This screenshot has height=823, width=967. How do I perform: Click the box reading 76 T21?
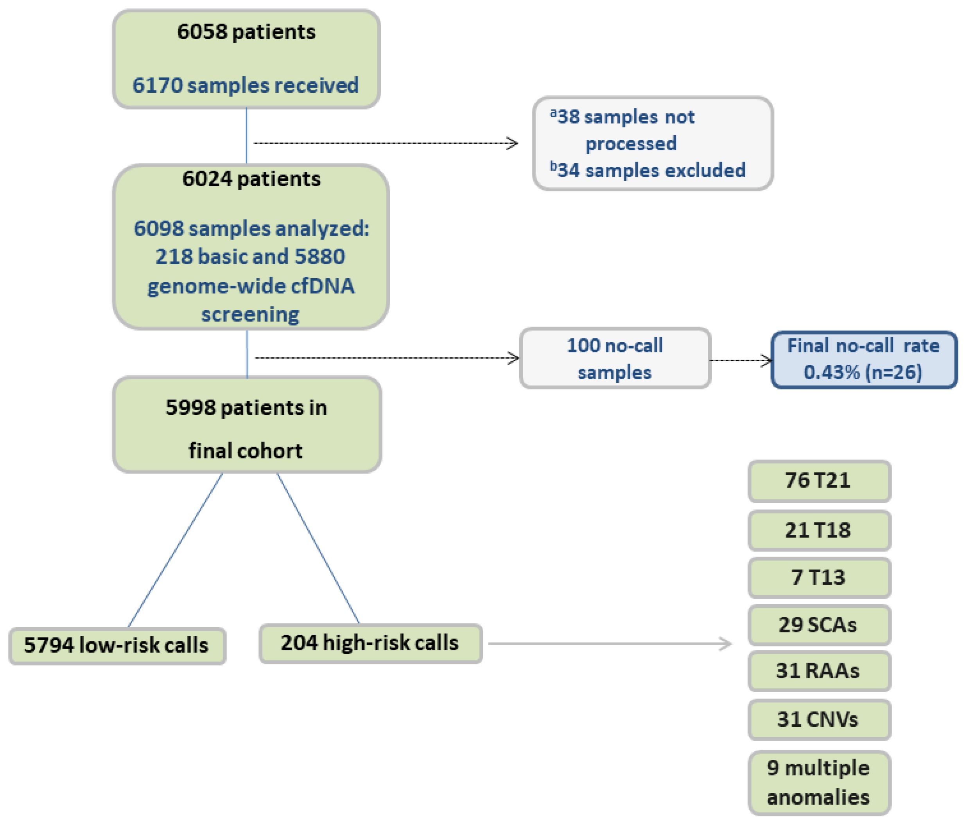818,481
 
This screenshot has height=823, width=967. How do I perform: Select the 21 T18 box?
818,531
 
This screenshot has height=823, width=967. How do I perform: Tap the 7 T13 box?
818,578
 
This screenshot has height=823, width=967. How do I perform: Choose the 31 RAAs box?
818,671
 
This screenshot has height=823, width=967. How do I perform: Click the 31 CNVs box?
818,719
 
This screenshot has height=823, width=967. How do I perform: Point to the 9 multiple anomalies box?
818,782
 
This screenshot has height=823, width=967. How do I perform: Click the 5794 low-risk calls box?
117,645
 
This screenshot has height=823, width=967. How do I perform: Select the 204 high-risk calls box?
370,643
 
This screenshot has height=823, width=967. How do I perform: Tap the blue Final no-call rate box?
863,359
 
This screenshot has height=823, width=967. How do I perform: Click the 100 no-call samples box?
615,358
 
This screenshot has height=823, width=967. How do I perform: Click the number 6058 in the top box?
202,32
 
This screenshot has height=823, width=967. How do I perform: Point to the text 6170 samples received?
246,85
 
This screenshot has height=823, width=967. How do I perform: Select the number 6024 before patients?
206,179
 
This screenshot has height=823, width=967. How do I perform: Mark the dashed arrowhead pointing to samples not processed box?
512,143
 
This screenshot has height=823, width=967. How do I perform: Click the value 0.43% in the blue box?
831,372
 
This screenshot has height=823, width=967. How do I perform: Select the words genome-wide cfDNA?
251,286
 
